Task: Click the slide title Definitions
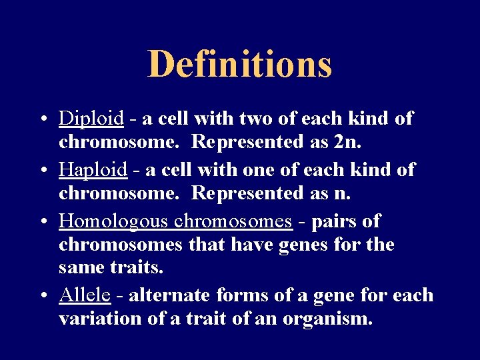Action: (239, 64)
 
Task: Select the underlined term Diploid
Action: (91, 119)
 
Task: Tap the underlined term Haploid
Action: (93, 170)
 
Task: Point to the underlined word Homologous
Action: (114, 221)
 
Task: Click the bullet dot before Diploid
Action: (42, 120)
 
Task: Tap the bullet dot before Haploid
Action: (42, 171)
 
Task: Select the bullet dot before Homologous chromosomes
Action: (42, 221)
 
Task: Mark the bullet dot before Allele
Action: (42, 296)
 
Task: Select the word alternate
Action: (171, 295)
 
